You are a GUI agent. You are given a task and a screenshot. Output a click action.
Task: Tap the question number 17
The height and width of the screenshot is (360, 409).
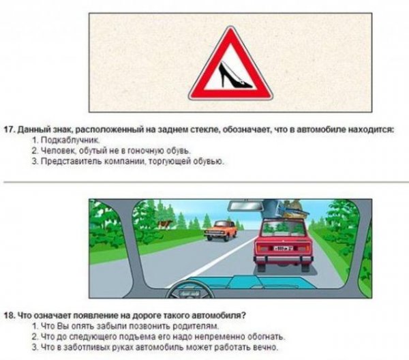10,128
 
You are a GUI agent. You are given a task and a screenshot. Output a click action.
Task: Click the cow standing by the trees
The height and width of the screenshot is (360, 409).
164,225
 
